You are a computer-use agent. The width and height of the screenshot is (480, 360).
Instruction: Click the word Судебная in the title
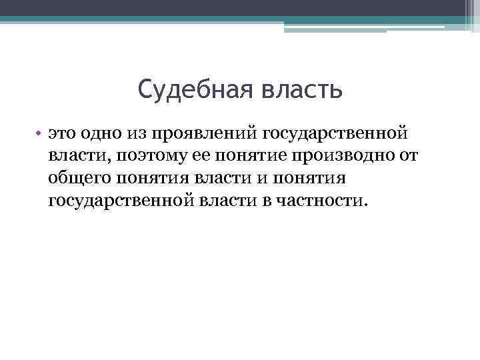[x=189, y=89]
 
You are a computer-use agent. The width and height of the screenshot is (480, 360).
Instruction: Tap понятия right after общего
[x=153, y=179]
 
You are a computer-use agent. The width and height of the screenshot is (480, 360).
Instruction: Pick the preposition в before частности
[x=263, y=201]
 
